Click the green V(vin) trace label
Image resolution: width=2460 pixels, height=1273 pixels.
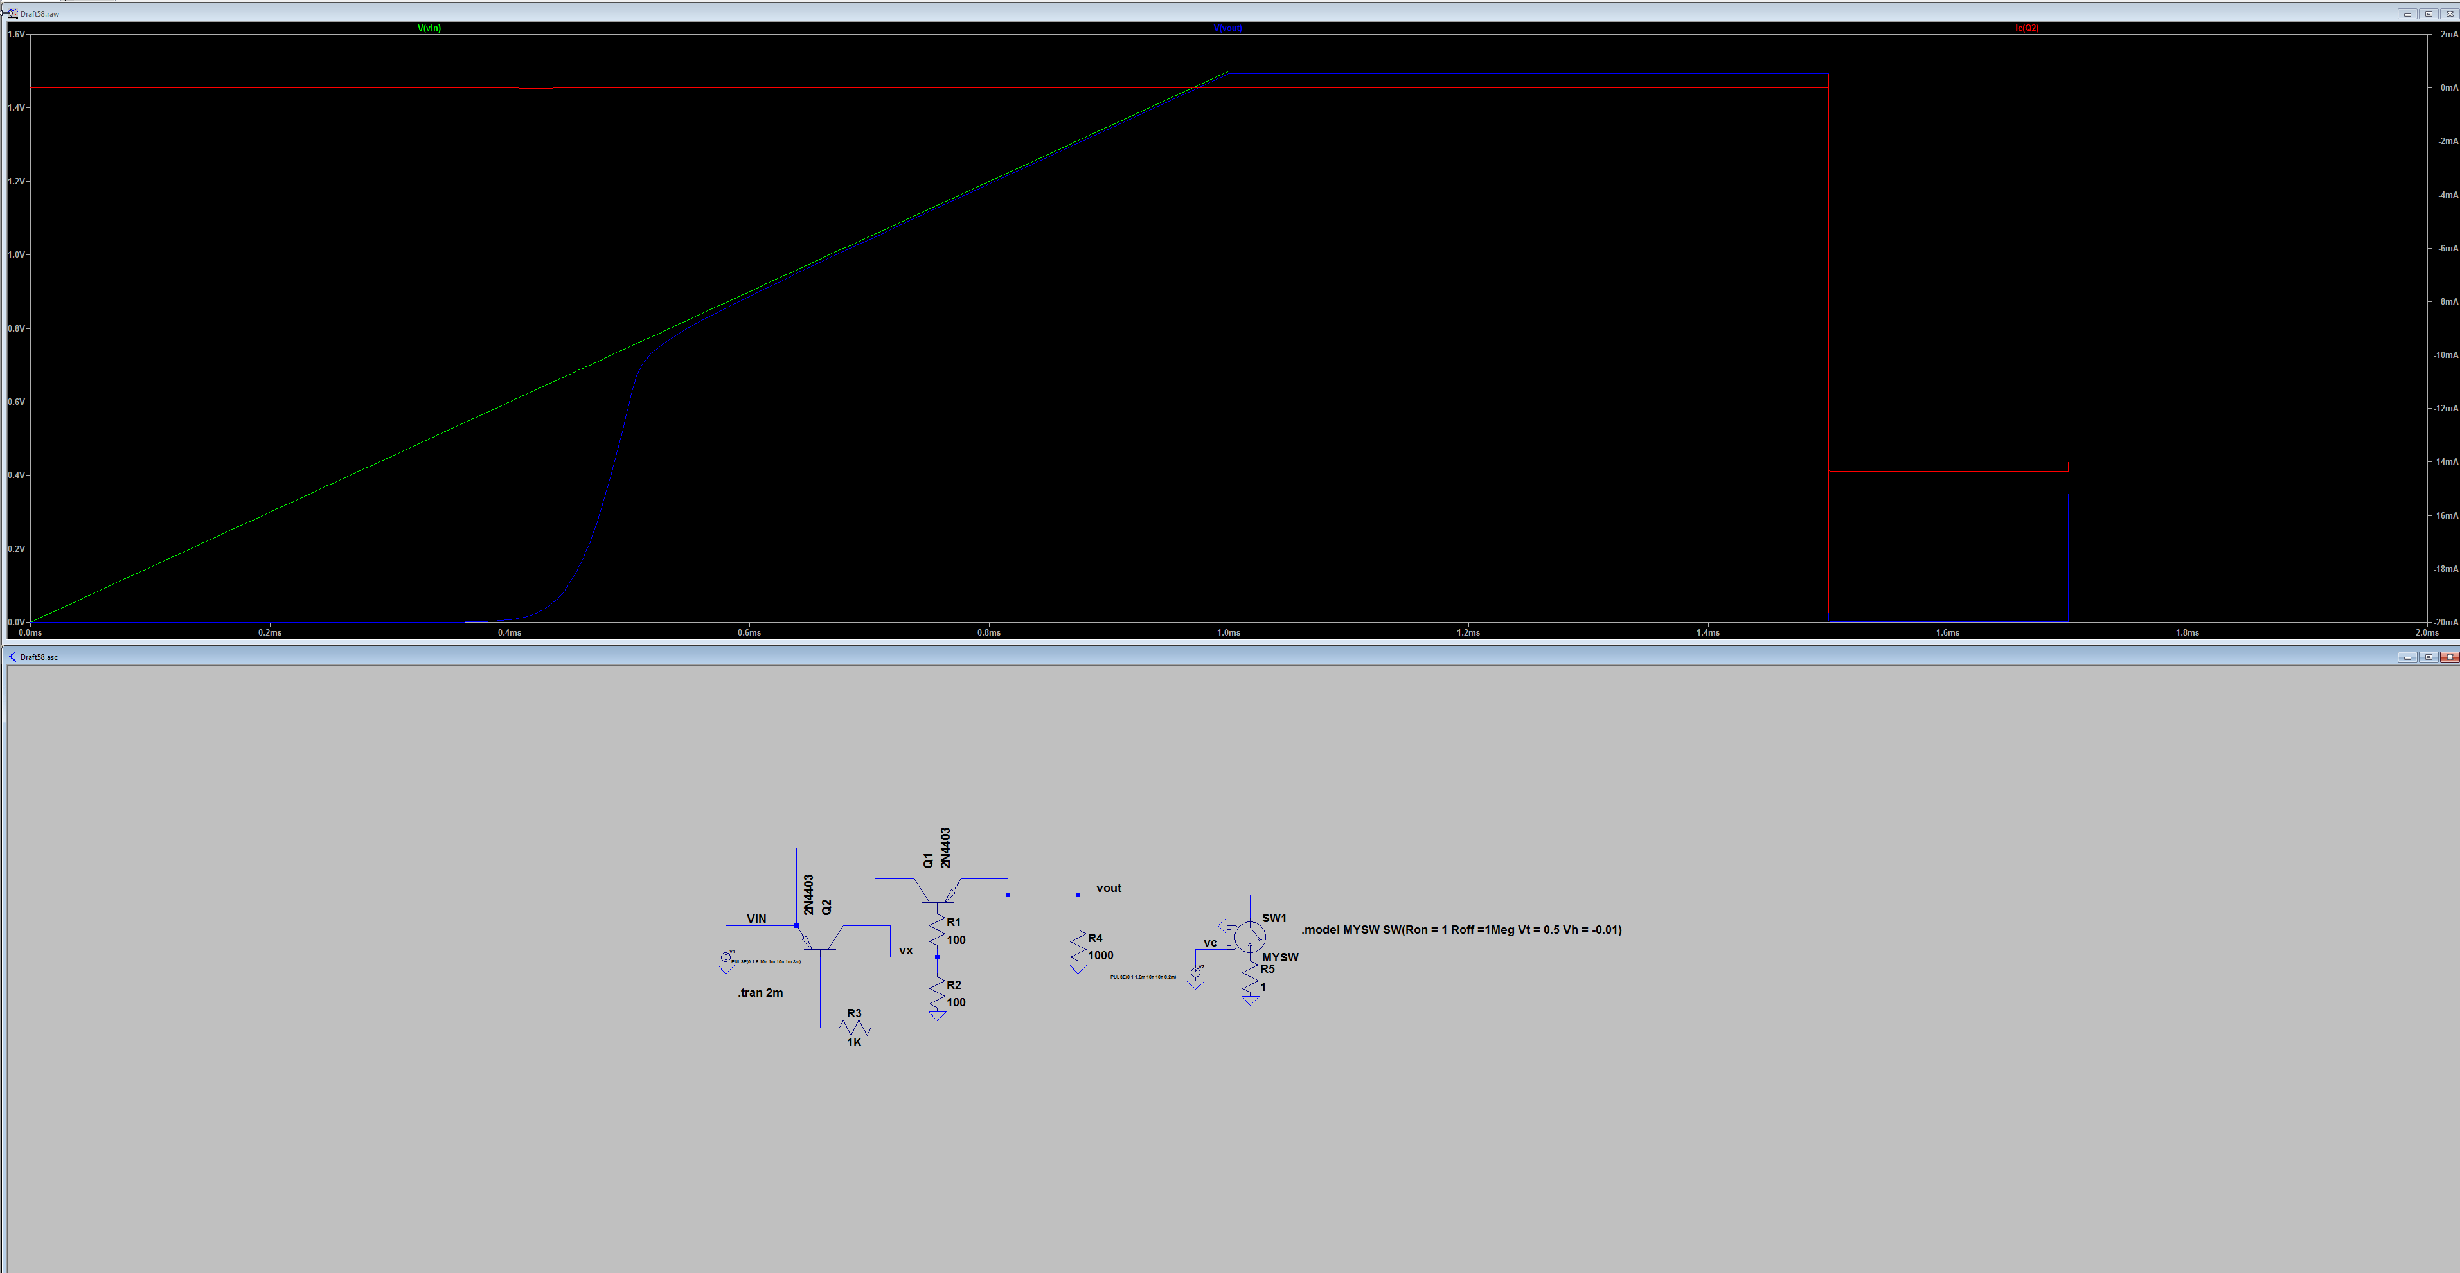429,28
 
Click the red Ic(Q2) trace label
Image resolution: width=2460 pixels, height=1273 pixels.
2026,28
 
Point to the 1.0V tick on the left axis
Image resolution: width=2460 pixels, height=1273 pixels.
16,255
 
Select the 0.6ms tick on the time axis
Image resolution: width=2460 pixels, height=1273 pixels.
749,632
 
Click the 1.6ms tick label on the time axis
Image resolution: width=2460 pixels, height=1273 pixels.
1947,632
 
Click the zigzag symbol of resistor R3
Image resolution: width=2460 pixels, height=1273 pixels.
855,1028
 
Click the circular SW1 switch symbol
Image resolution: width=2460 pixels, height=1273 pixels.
1249,935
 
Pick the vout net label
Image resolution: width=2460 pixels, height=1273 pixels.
1108,888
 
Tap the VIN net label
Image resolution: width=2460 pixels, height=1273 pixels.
756,919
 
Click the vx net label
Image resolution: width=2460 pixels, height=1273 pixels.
905,951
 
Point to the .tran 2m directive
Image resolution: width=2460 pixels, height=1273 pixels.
760,993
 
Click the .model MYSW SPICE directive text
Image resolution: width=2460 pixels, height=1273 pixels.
1461,930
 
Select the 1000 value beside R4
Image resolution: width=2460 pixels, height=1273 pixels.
1100,956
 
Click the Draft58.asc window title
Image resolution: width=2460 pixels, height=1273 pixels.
39,657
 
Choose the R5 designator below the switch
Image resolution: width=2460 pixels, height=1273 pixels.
1267,969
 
